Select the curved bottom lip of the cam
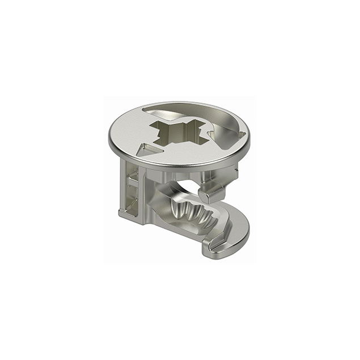(227, 238)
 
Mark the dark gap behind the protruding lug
(190, 187)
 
